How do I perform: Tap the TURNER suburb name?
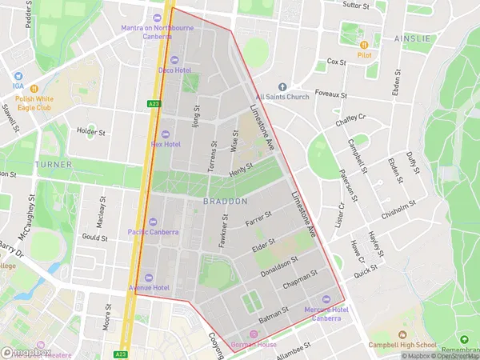(47, 164)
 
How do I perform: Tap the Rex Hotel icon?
(166, 134)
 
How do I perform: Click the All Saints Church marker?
(282, 86)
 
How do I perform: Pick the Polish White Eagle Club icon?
(34, 87)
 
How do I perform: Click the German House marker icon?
(254, 334)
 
